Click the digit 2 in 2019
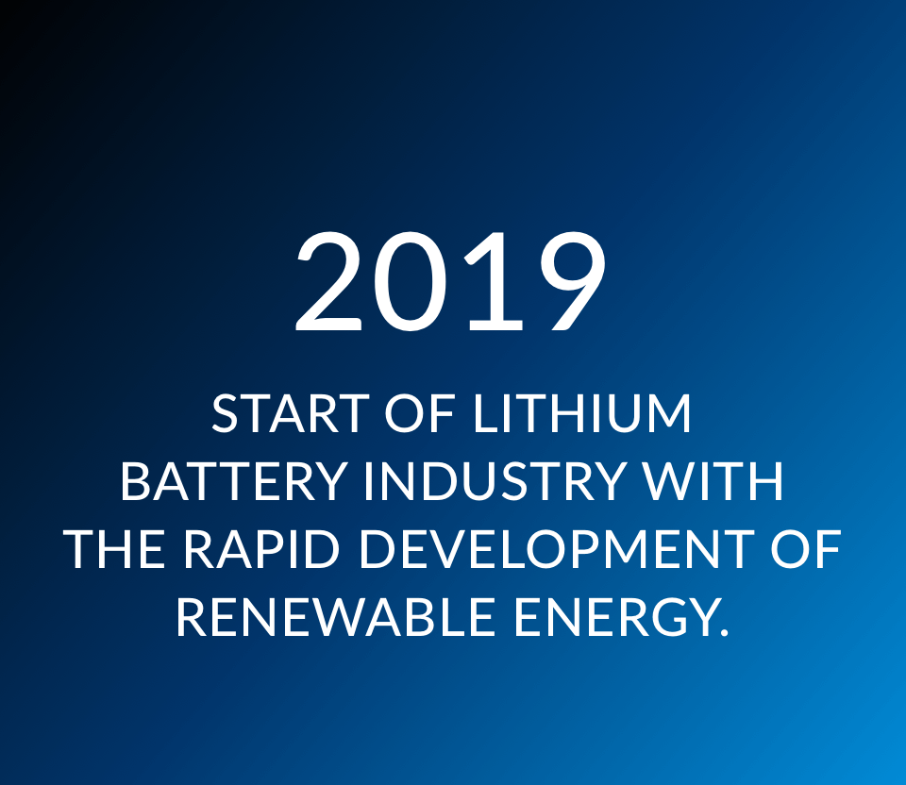[329, 281]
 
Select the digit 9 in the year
[573, 281]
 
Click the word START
[291, 413]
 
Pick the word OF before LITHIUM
[419, 413]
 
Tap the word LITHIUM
[582, 413]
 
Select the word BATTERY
[233, 480]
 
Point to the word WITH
[714, 480]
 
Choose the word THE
[114, 549]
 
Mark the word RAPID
[261, 549]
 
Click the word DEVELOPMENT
[557, 549]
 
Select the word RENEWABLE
[335, 617]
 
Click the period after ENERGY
[724, 632]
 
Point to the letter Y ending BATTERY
[328, 480]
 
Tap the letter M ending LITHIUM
[670, 413]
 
